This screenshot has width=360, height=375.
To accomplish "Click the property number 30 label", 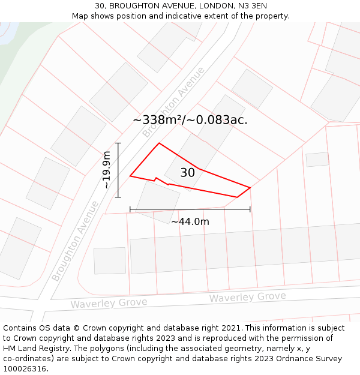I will coord(187,173).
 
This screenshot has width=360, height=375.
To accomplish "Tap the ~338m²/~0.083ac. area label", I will coord(190,119).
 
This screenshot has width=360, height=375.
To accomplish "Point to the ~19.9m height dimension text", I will coord(107,170).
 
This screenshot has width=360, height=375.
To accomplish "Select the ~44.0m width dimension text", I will coord(190,221).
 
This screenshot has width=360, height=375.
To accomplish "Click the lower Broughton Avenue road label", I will coord(75,241).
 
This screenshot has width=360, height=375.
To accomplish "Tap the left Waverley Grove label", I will coord(109,303).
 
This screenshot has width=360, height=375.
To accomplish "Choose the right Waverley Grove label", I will coord(247,297).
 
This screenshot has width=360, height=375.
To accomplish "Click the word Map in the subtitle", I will coord(80,16).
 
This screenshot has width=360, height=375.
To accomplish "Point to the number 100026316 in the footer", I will coord(25,369).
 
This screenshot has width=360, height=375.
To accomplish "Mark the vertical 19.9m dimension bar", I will coord(118,170).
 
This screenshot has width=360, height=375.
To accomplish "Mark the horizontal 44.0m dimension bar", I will coord(190,209).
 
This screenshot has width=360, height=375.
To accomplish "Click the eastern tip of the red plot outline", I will coord(250,187).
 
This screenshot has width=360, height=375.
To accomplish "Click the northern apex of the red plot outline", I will coord(159,143).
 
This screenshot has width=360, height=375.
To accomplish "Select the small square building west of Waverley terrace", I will coord(110,260).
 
